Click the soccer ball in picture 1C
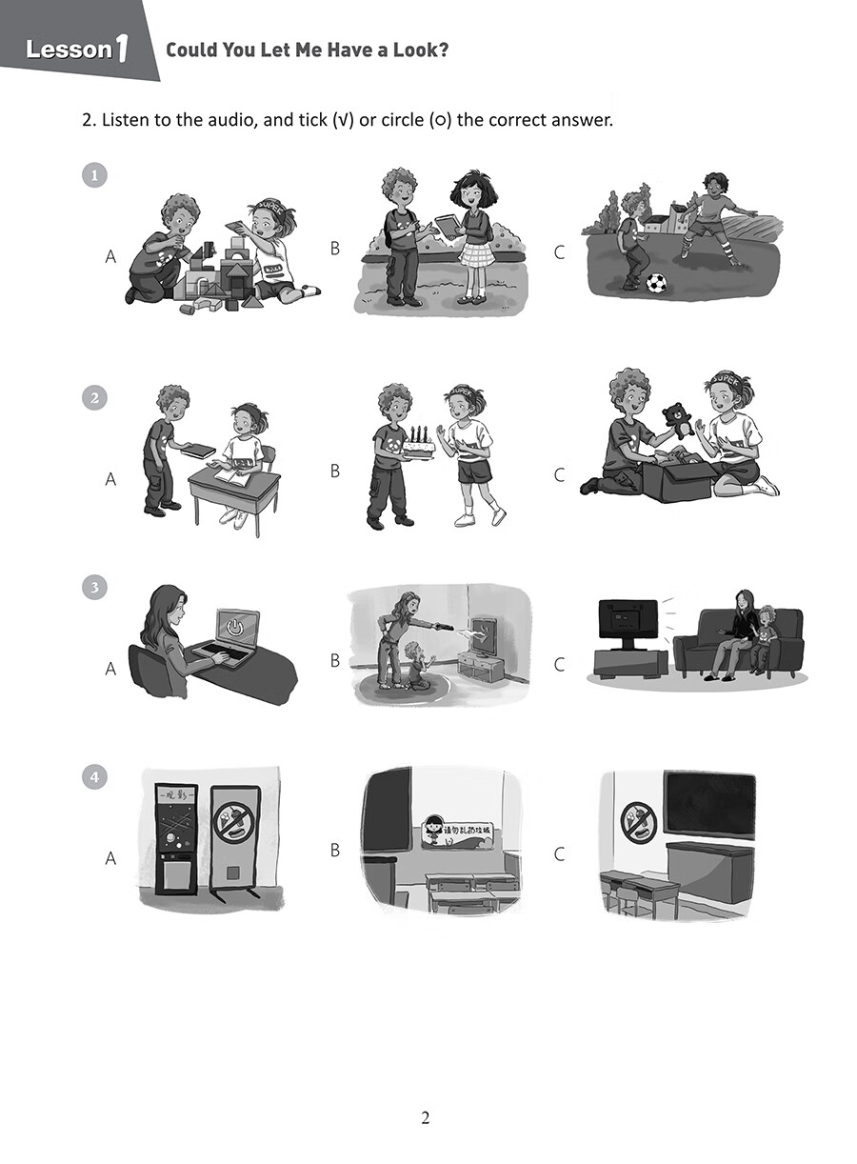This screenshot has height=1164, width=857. click(656, 283)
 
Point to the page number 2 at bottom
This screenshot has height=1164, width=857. click(426, 1118)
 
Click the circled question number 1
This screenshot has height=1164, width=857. click(94, 175)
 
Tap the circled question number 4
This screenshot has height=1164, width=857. click(94, 777)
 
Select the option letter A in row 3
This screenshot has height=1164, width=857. click(110, 670)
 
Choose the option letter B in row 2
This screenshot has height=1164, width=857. click(334, 471)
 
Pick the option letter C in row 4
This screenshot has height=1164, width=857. click(559, 854)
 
